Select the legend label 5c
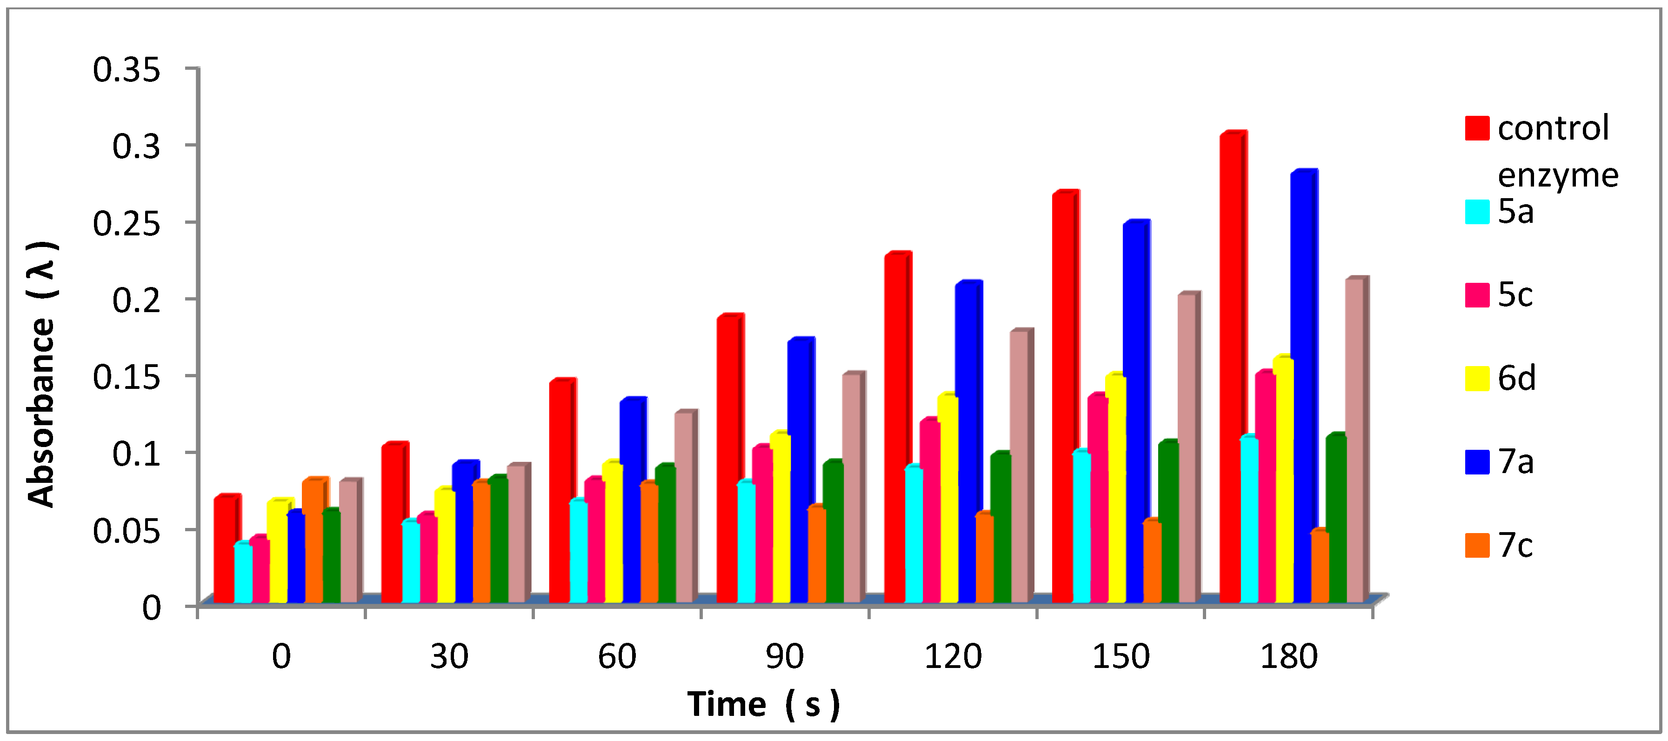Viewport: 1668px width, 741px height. tap(1515, 295)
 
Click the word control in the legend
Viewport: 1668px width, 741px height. tap(1553, 127)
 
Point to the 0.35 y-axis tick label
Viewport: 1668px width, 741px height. tap(126, 69)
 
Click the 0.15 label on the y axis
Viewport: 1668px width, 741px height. tap(126, 376)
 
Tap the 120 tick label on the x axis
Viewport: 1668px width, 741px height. tap(952, 656)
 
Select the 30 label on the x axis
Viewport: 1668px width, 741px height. tap(449, 656)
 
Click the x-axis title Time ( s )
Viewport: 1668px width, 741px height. tap(763, 704)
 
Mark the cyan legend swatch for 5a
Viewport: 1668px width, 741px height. tap(1477, 212)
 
